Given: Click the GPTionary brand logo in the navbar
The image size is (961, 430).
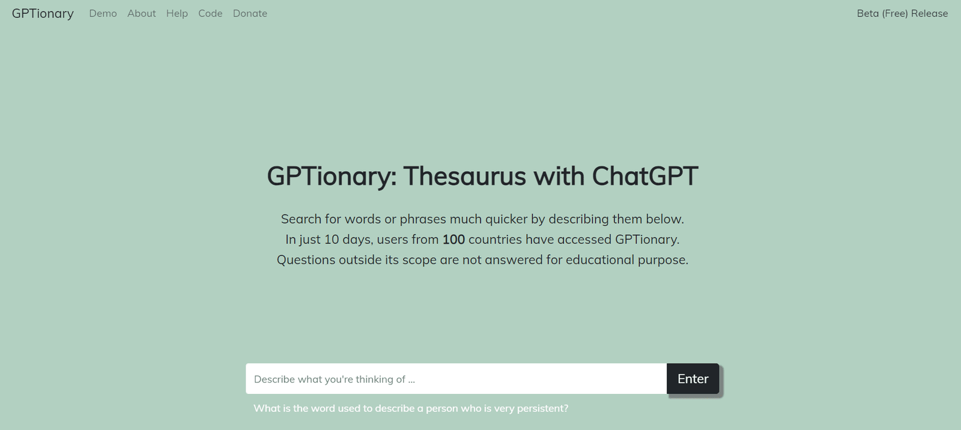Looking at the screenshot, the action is pyautogui.click(x=43, y=14).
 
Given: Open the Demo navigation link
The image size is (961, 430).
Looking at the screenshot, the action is pyautogui.click(x=103, y=13).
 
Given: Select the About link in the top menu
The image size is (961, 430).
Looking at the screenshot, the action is pyautogui.click(x=142, y=13).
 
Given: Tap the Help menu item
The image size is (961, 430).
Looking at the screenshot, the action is pyautogui.click(x=177, y=14).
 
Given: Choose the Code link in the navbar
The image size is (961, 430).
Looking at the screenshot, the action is pyautogui.click(x=210, y=13).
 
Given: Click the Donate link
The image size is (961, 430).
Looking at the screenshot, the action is pyautogui.click(x=250, y=13).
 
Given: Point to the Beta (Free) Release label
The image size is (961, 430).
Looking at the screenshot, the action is pyautogui.click(x=902, y=13).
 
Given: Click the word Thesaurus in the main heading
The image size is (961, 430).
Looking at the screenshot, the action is pyautogui.click(x=465, y=176).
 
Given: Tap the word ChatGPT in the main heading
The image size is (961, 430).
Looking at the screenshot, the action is pyautogui.click(x=645, y=176).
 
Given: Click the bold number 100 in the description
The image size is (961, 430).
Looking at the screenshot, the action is pyautogui.click(x=453, y=240).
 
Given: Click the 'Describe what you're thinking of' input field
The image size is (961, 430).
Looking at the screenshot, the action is pyautogui.click(x=456, y=378).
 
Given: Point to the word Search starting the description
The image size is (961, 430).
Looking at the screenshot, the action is pyautogui.click(x=301, y=219).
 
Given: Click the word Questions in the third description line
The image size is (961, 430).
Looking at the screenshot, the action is pyautogui.click(x=306, y=260).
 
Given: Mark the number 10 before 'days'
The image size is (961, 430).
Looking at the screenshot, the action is pyautogui.click(x=332, y=240).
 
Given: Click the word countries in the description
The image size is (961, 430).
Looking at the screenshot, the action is pyautogui.click(x=495, y=240).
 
